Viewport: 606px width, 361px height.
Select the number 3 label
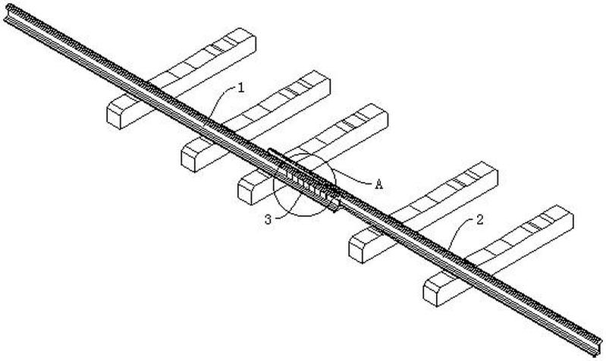[x=267, y=219]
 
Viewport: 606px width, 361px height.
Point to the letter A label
[x=378, y=182]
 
